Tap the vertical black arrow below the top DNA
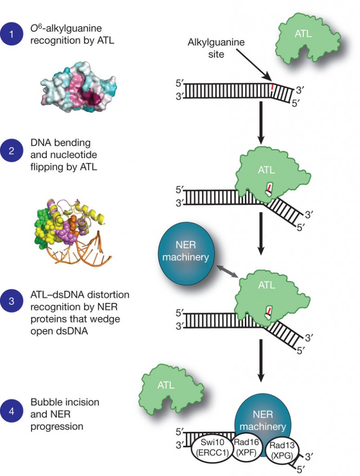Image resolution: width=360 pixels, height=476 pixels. click(262, 121)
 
